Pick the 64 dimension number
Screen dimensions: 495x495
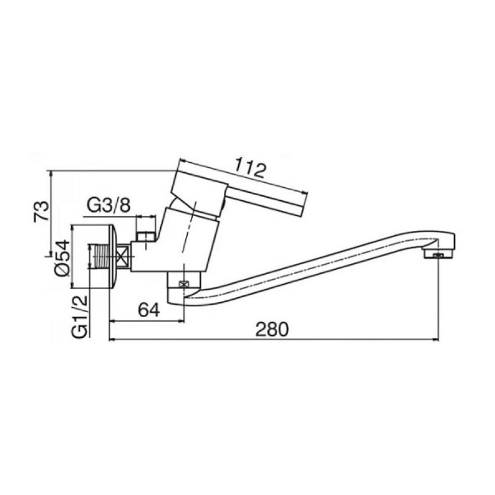[x=149, y=311]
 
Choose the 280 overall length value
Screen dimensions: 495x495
[x=272, y=330]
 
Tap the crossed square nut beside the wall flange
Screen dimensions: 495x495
[x=123, y=257]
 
